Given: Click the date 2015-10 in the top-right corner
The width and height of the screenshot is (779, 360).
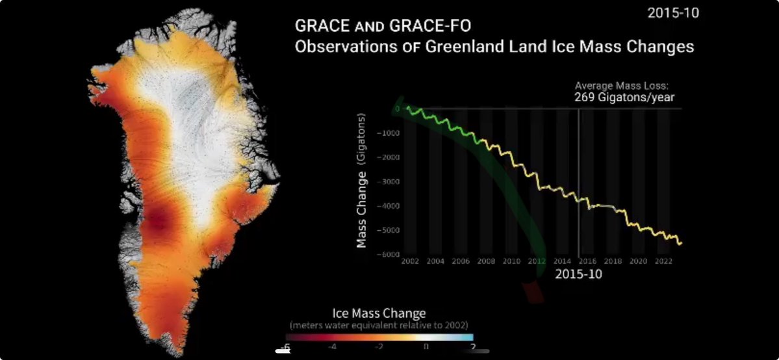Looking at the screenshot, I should coord(673,12).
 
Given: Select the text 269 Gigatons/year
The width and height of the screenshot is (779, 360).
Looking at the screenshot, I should coord(624,97).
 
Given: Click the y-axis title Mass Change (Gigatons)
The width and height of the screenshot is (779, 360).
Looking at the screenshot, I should coord(362,180).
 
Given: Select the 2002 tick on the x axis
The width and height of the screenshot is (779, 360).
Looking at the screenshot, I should coord(409,261).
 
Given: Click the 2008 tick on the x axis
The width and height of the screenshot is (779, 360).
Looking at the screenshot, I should coord(486,261).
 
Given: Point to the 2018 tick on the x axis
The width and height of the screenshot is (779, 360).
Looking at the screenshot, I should coord(613,261).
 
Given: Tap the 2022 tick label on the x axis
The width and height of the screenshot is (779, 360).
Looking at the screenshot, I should coord(663,261).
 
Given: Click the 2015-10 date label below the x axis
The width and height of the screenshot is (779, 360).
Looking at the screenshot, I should coord(578,274).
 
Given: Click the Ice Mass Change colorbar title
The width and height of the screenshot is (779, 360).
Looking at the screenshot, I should coord(379,313).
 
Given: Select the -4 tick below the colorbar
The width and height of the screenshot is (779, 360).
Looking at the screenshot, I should coord(331,347).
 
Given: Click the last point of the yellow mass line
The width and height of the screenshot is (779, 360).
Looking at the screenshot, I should coord(681,243).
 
